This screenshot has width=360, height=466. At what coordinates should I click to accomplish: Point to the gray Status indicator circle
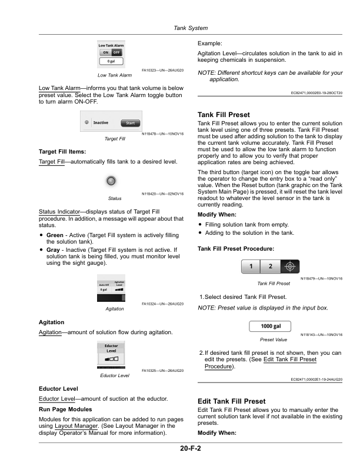coord(111,179)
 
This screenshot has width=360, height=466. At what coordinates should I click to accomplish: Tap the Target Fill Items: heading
coord(56,151)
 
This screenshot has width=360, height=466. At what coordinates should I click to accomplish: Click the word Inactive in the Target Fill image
coord(101,124)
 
